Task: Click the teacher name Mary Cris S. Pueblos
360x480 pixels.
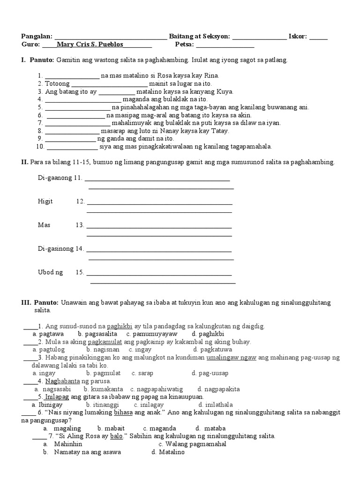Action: (90, 45)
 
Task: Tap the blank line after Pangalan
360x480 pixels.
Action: (111, 37)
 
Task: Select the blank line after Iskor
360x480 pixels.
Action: (318, 37)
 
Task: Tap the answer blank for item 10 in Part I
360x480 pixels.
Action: (72, 147)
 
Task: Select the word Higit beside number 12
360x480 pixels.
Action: (45, 201)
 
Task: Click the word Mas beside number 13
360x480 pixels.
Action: (44, 225)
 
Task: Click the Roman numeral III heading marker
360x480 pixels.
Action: (25, 303)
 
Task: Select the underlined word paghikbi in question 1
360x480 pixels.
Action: (120, 325)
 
